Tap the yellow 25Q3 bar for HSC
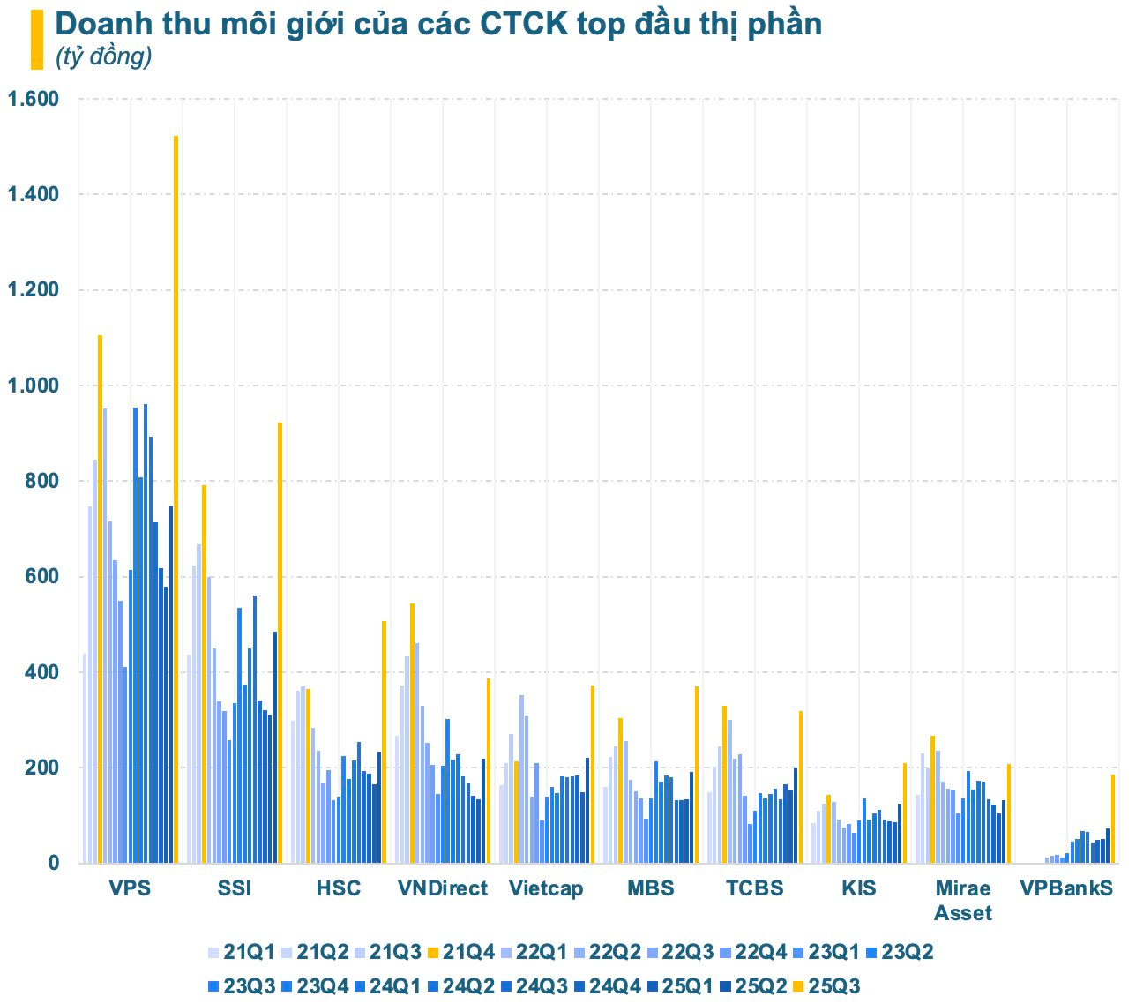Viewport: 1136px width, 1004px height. click(x=385, y=741)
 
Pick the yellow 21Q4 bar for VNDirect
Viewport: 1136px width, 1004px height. click(x=412, y=732)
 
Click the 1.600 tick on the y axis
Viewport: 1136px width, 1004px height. click(x=33, y=99)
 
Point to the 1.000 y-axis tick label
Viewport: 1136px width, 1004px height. click(x=33, y=386)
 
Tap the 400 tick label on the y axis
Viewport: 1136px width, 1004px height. click(x=41, y=672)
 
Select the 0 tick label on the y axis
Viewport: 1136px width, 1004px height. click(x=54, y=864)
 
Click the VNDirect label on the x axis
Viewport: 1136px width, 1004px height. click(x=442, y=888)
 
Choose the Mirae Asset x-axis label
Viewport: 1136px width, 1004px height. click(x=963, y=900)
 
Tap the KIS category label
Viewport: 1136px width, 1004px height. click(x=859, y=888)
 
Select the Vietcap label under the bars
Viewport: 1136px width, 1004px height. click(x=546, y=888)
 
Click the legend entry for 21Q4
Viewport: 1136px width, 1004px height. click(x=460, y=953)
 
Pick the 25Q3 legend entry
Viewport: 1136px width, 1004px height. click(x=825, y=986)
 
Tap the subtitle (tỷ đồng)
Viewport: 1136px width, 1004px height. click(x=103, y=56)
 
